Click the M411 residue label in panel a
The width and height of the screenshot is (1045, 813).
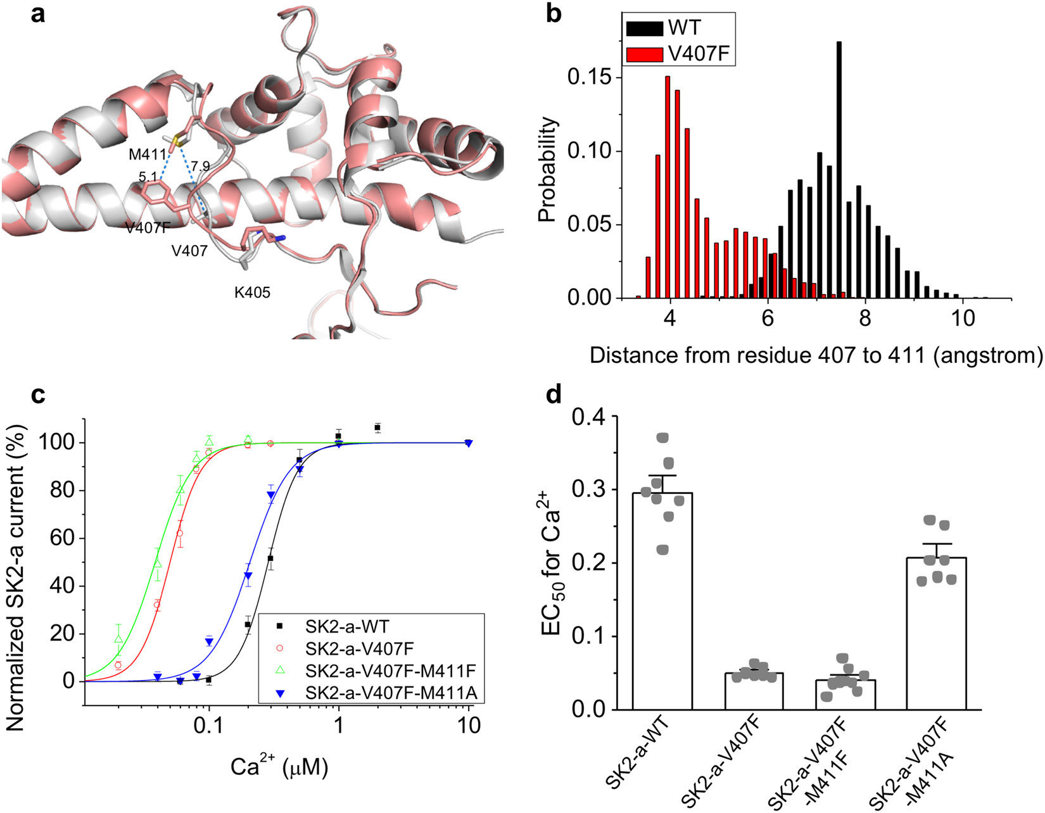pyautogui.click(x=147, y=154)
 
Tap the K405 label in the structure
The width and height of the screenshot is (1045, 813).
pyautogui.click(x=252, y=293)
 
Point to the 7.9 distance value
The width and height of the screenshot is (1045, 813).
pyautogui.click(x=200, y=167)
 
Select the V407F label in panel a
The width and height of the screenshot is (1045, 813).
pyautogui.click(x=148, y=228)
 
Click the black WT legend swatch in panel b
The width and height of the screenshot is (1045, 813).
pyautogui.click(x=644, y=28)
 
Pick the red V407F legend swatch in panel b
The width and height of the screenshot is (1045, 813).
pyautogui.click(x=644, y=54)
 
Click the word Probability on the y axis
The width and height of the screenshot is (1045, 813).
pyautogui.click(x=547, y=170)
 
